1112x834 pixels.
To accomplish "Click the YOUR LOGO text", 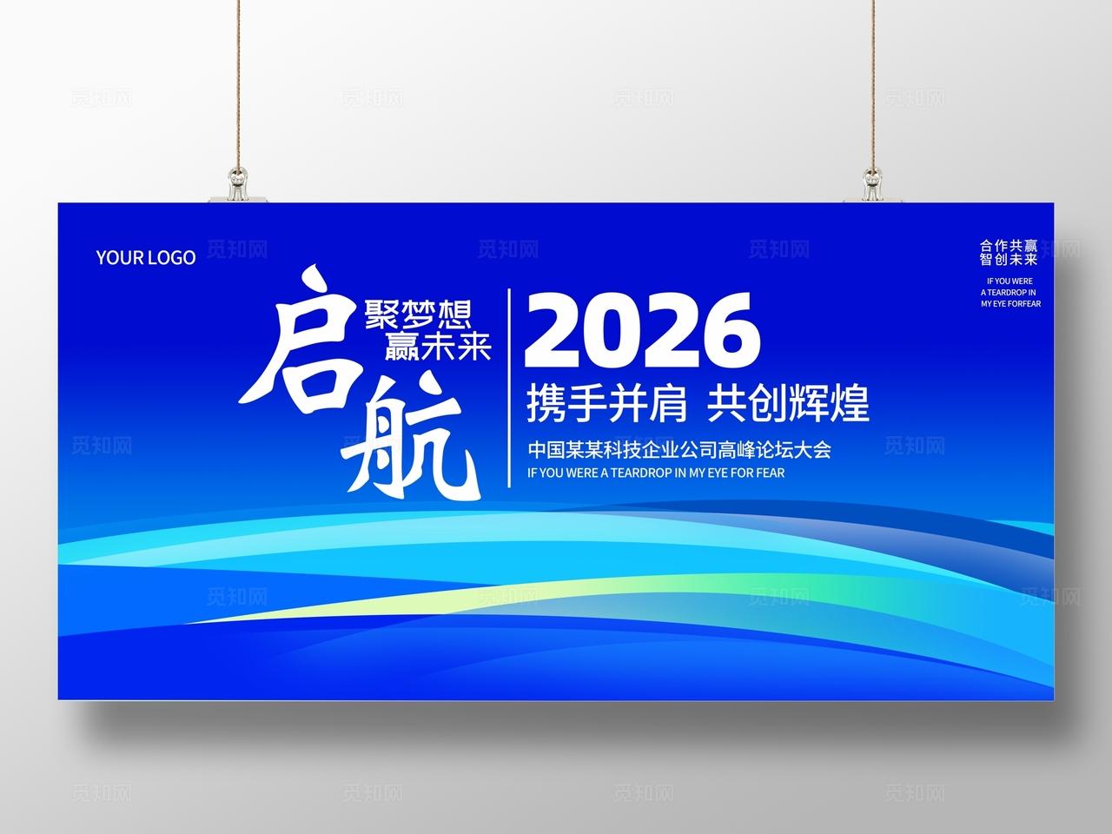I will (146, 257).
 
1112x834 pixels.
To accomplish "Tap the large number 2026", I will (642, 330).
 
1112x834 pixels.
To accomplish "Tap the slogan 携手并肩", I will (607, 403).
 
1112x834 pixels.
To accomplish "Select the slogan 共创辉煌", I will (789, 403).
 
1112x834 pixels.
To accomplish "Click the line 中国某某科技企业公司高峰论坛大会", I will (679, 450).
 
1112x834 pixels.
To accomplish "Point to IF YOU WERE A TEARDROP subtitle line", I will (656, 473).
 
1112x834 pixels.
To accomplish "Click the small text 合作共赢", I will (1009, 246).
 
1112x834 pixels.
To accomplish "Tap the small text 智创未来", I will (1009, 259).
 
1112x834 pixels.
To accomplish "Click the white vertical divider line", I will (509, 387).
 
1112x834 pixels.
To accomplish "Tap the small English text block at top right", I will (1010, 293).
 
